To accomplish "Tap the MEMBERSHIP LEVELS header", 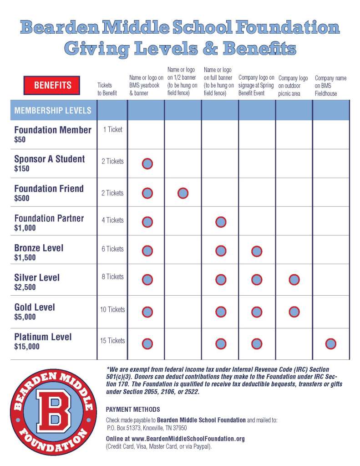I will (x=53, y=110).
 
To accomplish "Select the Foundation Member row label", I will (x=53, y=130).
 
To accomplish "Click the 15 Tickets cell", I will (x=112, y=341).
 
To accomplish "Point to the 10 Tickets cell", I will (x=112, y=310).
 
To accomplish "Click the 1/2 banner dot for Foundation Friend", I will (x=183, y=193).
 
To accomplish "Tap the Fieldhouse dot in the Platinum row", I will (x=331, y=344).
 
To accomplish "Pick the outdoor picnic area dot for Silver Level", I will (x=294, y=280).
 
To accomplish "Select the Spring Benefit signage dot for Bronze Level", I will (x=257, y=251).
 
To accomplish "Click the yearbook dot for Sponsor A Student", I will (x=147, y=164).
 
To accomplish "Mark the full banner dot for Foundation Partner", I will (x=221, y=222).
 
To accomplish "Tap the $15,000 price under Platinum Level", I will (x=27, y=347).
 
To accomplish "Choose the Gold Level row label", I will (x=35, y=307).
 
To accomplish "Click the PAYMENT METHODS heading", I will (x=132, y=410).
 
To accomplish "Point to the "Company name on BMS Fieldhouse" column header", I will (x=330, y=86).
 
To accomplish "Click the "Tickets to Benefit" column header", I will (x=107, y=89).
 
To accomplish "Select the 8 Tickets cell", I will (x=112, y=277).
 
